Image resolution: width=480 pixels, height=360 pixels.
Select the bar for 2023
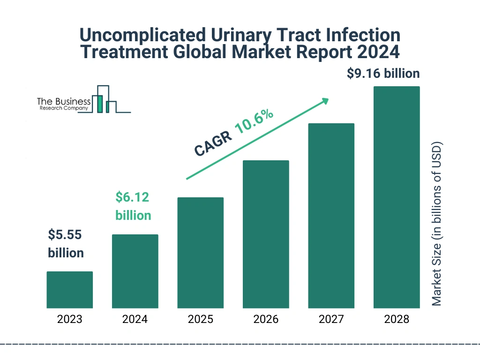tap(69, 290)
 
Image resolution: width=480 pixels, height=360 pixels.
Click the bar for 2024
tap(135, 271)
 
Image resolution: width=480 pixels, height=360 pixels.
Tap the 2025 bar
tap(200, 253)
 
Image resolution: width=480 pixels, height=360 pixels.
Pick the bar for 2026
tap(266, 234)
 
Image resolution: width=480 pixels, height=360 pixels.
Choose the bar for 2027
tap(331, 216)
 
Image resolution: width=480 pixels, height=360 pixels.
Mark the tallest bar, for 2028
tap(397, 197)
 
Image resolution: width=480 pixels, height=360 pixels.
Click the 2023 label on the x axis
tap(69, 320)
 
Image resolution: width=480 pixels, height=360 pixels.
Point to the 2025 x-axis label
tap(200, 320)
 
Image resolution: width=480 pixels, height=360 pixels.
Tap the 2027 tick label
tap(331, 320)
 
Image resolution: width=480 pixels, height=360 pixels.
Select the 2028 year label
tap(397, 320)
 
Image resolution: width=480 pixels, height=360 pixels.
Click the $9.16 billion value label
tap(383, 74)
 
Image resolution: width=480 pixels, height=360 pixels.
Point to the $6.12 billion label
tap(133, 206)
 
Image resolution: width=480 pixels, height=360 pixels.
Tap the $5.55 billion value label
tap(66, 243)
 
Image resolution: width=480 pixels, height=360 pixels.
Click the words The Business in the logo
tap(64, 101)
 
